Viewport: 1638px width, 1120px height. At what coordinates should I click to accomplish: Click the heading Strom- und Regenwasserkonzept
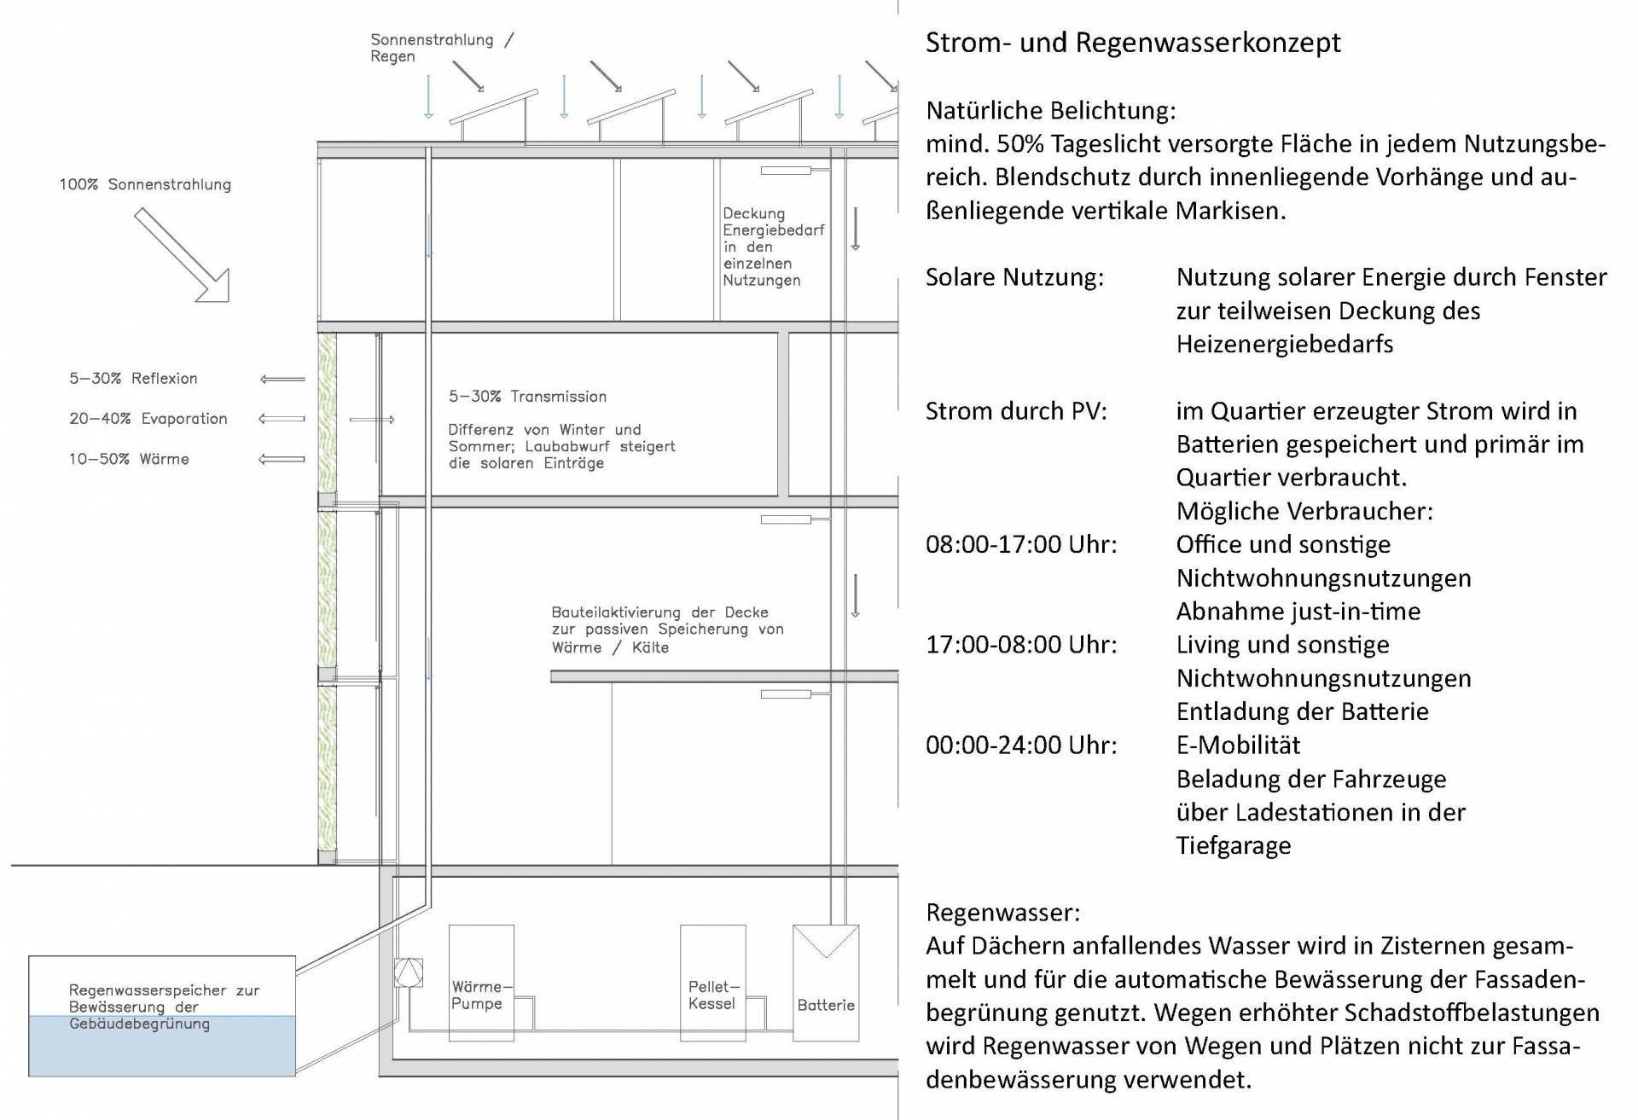[x=1132, y=43]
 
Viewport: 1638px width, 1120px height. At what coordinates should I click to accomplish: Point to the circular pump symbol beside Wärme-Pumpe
[x=409, y=972]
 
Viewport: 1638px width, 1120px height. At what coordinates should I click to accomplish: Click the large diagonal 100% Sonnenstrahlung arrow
[x=182, y=255]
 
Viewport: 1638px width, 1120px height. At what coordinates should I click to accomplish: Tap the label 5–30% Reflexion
[x=133, y=379]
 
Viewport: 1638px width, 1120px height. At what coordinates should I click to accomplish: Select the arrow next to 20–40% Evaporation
[x=282, y=419]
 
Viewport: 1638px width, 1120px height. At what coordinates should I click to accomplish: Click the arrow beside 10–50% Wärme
[x=282, y=459]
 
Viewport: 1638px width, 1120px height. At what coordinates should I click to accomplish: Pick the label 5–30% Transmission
[x=527, y=397]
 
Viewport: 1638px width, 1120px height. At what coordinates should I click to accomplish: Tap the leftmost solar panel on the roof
[x=493, y=106]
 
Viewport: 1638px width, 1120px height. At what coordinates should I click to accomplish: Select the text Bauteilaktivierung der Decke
[x=659, y=612]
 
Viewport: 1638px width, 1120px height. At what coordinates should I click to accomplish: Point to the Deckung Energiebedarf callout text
[x=772, y=247]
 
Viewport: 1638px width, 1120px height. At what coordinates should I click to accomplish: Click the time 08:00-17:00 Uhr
[x=1020, y=544]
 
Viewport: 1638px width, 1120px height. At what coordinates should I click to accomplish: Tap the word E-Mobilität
[x=1238, y=746]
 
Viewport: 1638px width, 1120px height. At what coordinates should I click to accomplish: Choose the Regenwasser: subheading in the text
[x=1002, y=913]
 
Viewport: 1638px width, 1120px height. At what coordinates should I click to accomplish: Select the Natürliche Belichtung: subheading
[x=1050, y=110]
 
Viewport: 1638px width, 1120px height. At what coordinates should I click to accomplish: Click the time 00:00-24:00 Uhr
[x=1020, y=746]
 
